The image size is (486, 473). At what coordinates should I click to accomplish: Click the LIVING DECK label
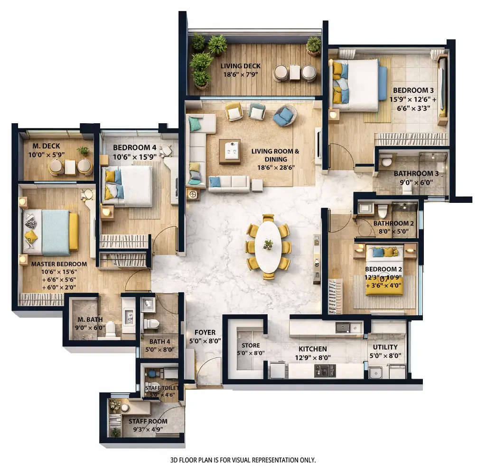point(240,66)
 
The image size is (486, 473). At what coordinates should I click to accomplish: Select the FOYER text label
point(205,333)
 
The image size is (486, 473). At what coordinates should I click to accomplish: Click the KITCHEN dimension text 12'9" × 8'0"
point(312,358)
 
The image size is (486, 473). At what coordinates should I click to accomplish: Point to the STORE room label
point(251,346)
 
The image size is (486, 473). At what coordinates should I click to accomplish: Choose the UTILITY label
point(385,347)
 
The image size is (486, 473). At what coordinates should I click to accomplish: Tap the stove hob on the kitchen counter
point(325,370)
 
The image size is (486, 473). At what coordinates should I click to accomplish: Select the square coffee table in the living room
point(229,151)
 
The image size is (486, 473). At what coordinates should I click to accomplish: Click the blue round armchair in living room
point(285,116)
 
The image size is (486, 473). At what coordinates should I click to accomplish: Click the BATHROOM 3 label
point(413,174)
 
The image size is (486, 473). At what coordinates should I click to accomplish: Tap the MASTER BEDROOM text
point(59,264)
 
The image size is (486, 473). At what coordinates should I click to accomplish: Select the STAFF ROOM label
point(148,421)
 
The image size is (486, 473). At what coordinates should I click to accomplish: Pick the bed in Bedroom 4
point(129,185)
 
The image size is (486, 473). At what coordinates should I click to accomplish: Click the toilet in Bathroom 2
point(383,209)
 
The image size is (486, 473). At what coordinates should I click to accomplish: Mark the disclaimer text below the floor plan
point(243,460)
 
